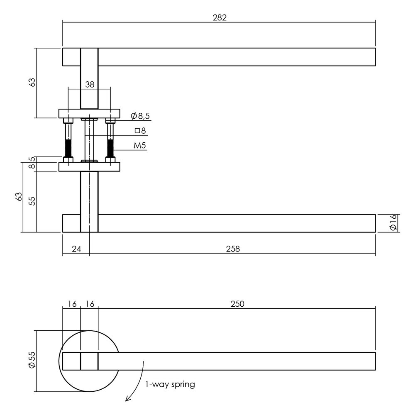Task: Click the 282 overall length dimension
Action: (x=219, y=17)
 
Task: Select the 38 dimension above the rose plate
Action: (x=90, y=84)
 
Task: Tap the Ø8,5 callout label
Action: (x=139, y=116)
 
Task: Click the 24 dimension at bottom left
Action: (x=76, y=249)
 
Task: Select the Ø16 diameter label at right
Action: (x=394, y=223)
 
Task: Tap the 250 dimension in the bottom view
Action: (x=237, y=304)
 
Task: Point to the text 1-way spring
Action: (x=170, y=384)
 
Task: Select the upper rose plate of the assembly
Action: (x=90, y=113)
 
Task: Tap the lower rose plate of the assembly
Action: (x=90, y=167)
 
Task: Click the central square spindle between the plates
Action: (x=90, y=139)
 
